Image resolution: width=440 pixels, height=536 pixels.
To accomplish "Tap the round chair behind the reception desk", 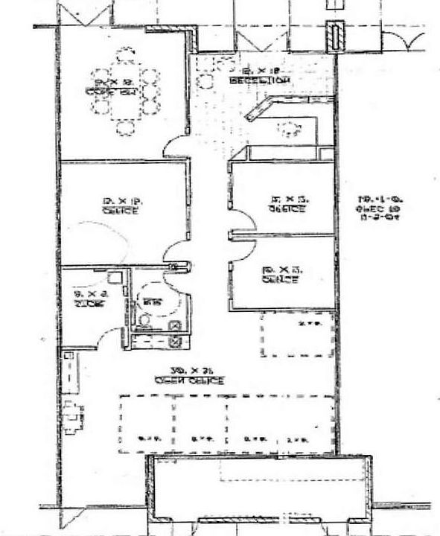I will pyautogui.click(x=286, y=131).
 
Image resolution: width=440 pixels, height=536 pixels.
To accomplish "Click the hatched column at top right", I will pyautogui.click(x=335, y=35).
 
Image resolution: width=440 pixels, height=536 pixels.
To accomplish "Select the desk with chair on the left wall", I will pyautogui.click(x=72, y=417).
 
